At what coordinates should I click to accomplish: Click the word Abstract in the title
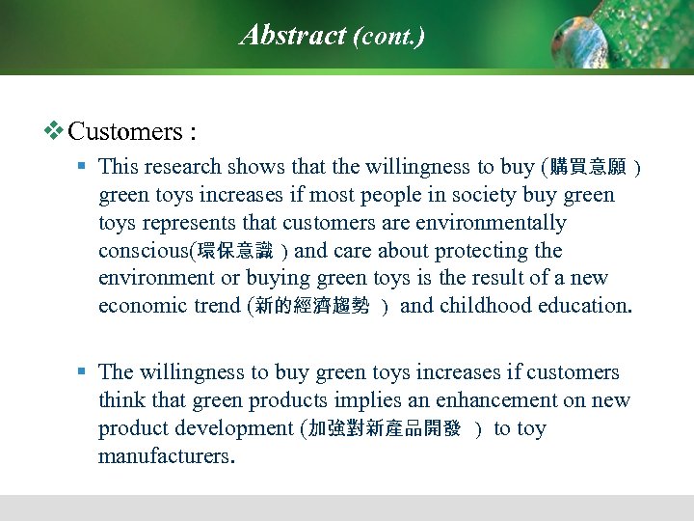click(293, 36)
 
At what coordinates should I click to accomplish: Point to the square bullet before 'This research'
click(83, 167)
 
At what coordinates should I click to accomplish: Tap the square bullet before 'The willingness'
click(83, 372)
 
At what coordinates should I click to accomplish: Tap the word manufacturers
click(163, 456)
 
